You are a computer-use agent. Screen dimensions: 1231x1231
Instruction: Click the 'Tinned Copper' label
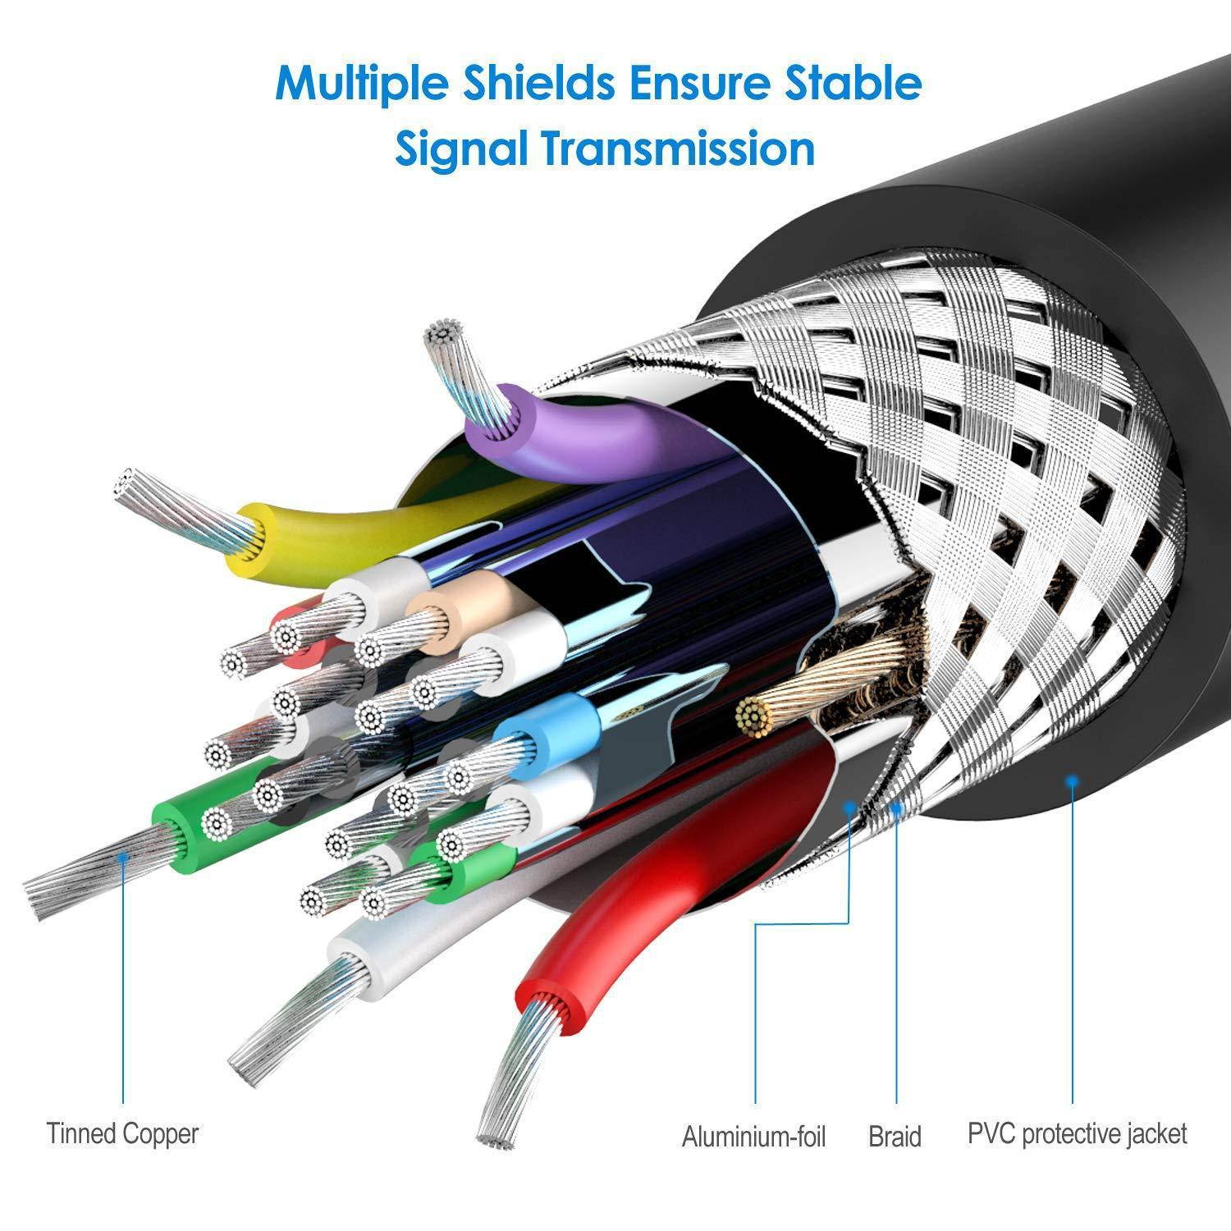pyautogui.click(x=122, y=1133)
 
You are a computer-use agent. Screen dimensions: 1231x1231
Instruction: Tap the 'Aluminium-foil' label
pyautogui.click(x=753, y=1136)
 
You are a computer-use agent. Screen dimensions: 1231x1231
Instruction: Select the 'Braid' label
pyautogui.click(x=895, y=1136)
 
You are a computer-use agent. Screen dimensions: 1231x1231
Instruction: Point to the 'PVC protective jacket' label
pyautogui.click(x=1077, y=1134)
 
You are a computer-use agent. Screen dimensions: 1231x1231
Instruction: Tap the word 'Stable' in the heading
pyautogui.click(x=853, y=82)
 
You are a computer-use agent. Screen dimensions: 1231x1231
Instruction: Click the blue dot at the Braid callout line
pyautogui.click(x=897, y=808)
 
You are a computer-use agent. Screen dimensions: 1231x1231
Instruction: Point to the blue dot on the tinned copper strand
pyautogui.click(x=123, y=857)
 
